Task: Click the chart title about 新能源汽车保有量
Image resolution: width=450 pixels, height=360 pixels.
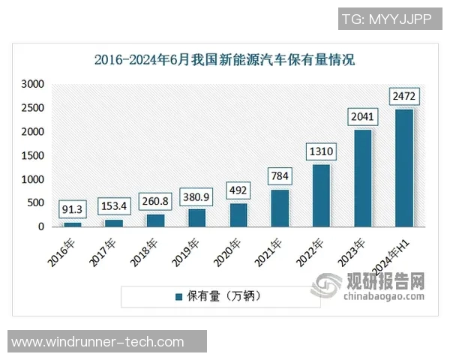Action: (x=224, y=60)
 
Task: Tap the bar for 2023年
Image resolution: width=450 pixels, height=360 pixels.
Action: (x=363, y=178)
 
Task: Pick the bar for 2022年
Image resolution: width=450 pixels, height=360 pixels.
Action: (x=321, y=195)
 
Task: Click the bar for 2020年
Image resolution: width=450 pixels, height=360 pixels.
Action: (x=238, y=214)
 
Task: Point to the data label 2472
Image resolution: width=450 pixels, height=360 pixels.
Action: (x=404, y=97)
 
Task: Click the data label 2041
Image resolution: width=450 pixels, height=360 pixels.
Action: (x=363, y=117)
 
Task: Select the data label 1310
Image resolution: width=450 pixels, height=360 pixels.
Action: (x=321, y=151)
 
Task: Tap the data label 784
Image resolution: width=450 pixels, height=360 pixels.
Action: (x=280, y=177)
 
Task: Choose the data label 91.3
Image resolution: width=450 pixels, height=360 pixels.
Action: (x=73, y=209)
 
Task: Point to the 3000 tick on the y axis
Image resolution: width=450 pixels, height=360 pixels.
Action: (x=33, y=85)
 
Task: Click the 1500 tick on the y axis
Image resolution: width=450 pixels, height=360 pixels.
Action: (x=33, y=156)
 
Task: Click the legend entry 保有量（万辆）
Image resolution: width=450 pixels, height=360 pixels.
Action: (x=217, y=296)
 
